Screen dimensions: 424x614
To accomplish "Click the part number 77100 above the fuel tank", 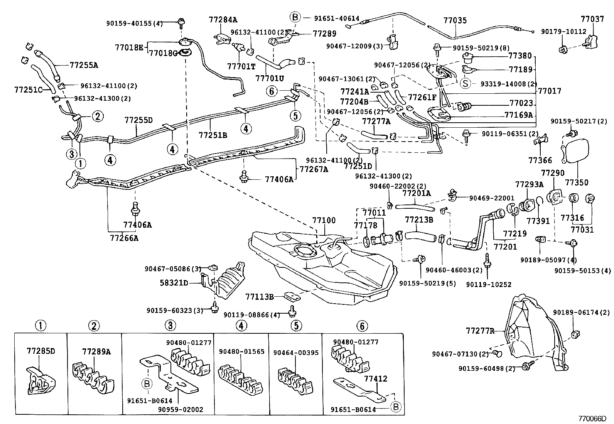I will click(x=324, y=220).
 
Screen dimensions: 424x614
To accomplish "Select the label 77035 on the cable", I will click(x=455, y=20).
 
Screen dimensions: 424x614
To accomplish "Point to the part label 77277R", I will click(x=480, y=331).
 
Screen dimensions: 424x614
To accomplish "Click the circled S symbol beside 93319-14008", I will click(x=466, y=83).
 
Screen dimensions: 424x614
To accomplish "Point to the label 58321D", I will click(x=174, y=283).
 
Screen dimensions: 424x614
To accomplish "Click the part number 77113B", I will click(x=259, y=297).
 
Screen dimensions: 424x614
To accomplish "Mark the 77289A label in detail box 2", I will click(x=96, y=351).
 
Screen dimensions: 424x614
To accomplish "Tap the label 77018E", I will click(x=129, y=47).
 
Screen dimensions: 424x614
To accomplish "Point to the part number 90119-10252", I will click(x=488, y=284).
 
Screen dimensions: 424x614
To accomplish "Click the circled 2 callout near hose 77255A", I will click(x=98, y=116).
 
